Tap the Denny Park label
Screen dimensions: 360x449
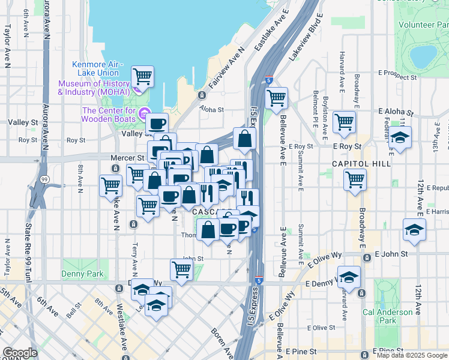pos(83,274)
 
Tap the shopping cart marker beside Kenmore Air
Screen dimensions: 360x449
pos(142,76)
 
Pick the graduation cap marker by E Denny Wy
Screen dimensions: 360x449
pos(349,276)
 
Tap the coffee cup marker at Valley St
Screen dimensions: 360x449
pos(157,124)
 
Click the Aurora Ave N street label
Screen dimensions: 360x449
pos(46,24)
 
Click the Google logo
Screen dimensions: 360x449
pos(20,353)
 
